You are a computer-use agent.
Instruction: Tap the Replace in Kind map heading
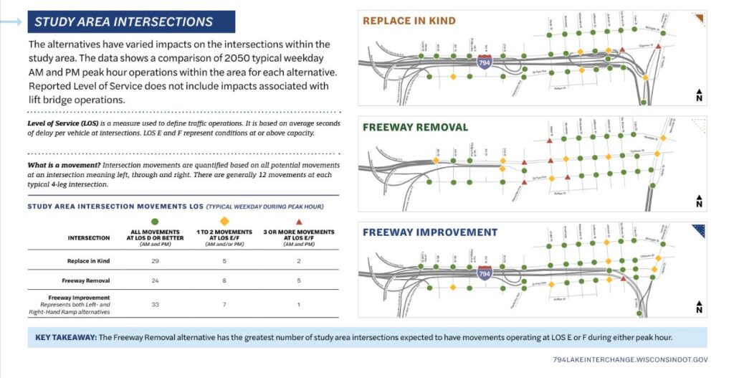pyautogui.click(x=409, y=21)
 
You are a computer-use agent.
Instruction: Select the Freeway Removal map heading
pyautogui.click(x=415, y=128)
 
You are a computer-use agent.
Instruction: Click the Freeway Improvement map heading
pyautogui.click(x=429, y=232)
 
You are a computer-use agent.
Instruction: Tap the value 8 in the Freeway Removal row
pyautogui.click(x=224, y=281)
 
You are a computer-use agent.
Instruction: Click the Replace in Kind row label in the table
pyautogui.click(x=89, y=260)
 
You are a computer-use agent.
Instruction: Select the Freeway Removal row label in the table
pyautogui.click(x=89, y=281)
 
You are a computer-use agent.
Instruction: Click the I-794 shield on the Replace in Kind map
pyautogui.click(x=485, y=64)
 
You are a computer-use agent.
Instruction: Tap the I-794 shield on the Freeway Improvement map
pyautogui.click(x=485, y=273)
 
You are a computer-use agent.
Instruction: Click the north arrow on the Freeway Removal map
pyautogui.click(x=698, y=202)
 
